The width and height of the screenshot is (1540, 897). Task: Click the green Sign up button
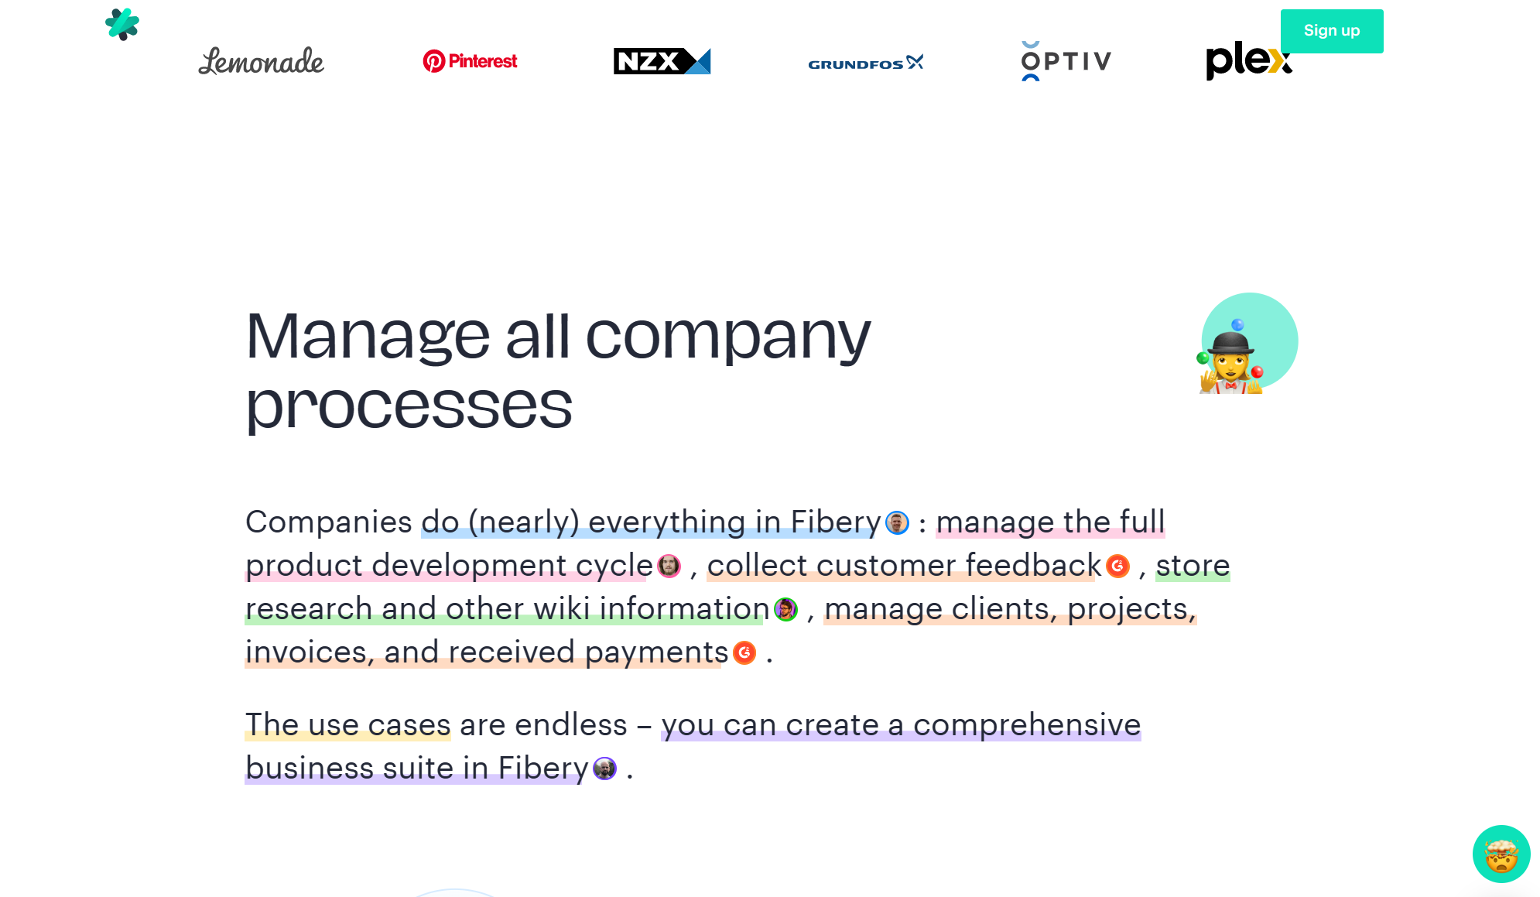pyautogui.click(x=1331, y=31)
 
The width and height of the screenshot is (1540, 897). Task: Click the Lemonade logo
pyautogui.click(x=261, y=61)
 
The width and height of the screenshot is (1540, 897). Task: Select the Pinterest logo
pyautogui.click(x=470, y=61)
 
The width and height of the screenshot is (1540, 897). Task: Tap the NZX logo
pyautogui.click(x=662, y=61)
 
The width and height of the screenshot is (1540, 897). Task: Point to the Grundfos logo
pyautogui.click(x=866, y=63)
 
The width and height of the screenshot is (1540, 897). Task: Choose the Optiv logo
pyautogui.click(x=1066, y=61)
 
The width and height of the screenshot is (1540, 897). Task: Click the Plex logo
pyautogui.click(x=1248, y=61)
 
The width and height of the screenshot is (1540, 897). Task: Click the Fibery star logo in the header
pyautogui.click(x=122, y=24)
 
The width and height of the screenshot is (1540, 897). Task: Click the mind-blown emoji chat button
pyautogui.click(x=1501, y=854)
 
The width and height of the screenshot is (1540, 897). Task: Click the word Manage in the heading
pyautogui.click(x=368, y=337)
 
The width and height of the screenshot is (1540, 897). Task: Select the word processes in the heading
pyautogui.click(x=409, y=406)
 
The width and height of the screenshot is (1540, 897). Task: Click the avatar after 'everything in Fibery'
pyautogui.click(x=897, y=523)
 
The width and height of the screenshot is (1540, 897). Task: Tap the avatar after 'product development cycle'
pyautogui.click(x=669, y=567)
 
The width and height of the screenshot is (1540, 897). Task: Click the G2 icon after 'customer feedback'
pyautogui.click(x=1117, y=567)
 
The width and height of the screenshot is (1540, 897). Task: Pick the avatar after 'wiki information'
pyautogui.click(x=785, y=610)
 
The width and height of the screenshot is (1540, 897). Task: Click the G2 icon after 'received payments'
pyautogui.click(x=744, y=653)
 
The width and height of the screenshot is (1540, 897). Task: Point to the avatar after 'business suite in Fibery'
pyautogui.click(x=604, y=769)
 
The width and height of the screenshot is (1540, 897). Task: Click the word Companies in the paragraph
pyautogui.click(x=329, y=522)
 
